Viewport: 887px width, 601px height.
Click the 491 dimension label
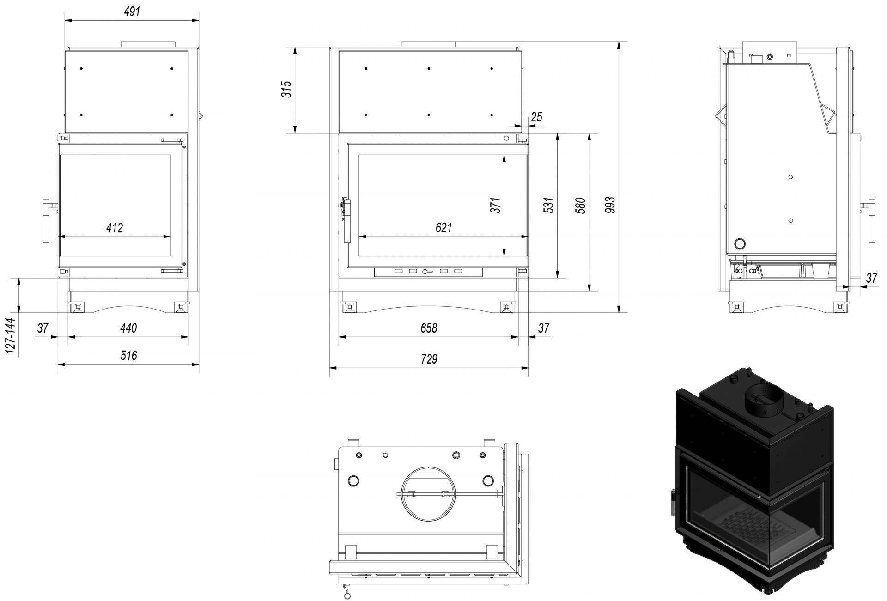click(132, 12)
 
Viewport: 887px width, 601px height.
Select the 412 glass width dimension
click(115, 228)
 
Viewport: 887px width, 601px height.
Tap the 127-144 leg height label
click(11, 336)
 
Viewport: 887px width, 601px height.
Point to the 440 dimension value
click(128, 328)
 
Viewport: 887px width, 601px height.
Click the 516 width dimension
click(129, 355)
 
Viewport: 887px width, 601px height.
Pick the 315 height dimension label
click(287, 89)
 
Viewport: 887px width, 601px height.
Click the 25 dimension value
click(536, 117)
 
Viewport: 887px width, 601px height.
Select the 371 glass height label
click(495, 205)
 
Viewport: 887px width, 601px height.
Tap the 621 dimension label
click(443, 228)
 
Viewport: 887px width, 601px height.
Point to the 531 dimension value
click(549, 205)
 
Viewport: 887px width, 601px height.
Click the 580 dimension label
click(581, 206)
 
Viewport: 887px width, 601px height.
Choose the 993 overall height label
click(610, 205)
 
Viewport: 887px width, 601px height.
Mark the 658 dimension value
click(429, 328)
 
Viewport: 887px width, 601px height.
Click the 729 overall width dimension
click(429, 359)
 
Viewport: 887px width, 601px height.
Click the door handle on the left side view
click(47, 221)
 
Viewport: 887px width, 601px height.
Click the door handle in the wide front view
click(347, 220)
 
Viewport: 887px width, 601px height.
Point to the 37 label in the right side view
click(871, 278)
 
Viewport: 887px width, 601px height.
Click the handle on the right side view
click(871, 221)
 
